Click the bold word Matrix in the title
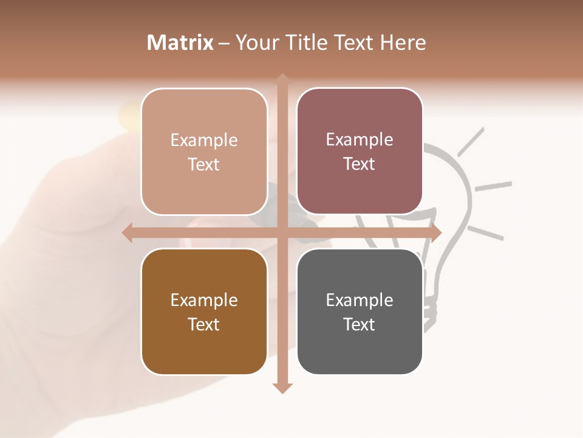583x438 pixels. click(180, 43)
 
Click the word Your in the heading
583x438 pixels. click(256, 43)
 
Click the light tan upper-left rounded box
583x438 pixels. click(204, 151)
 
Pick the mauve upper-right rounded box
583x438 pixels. click(360, 151)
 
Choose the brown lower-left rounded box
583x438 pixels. click(204, 311)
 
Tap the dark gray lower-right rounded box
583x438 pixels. click(360, 311)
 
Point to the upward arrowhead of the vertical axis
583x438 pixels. click(282, 80)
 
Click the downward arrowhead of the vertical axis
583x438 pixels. click(282, 388)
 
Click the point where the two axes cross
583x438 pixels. click(282, 232)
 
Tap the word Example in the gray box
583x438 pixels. click(360, 300)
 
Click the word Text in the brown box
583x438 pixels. click(204, 324)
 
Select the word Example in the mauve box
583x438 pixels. click(360, 139)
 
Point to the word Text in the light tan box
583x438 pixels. click(204, 164)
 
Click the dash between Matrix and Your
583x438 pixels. click(224, 43)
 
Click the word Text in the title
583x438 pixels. click(355, 43)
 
